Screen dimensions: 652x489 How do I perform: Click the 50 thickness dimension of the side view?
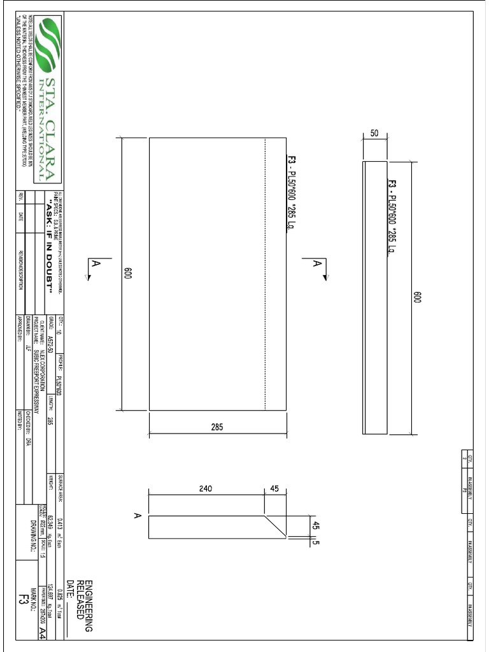[x=374, y=134]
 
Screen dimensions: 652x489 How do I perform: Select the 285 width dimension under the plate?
[x=217, y=427]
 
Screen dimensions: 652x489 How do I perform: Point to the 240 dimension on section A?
[x=206, y=488]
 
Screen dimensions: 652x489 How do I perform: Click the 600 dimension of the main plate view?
[x=128, y=274]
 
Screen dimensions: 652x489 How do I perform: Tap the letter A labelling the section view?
[x=137, y=516]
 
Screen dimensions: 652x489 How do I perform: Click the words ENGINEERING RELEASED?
[x=85, y=605]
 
